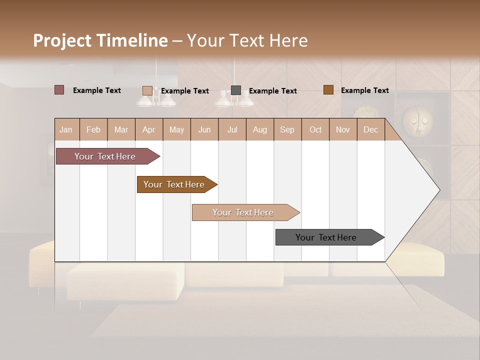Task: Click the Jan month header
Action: pos(66,129)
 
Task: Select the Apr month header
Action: pos(148,129)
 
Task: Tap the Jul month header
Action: pos(232,129)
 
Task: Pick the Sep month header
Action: pos(287,129)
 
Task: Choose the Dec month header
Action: pos(370,129)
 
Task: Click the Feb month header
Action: pos(93,129)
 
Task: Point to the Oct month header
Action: pos(315,129)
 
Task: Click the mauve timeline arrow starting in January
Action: pos(105,156)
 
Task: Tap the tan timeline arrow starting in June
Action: pos(243,212)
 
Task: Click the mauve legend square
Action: pos(59,90)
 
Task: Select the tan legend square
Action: pos(147,90)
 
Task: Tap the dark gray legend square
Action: pos(236,90)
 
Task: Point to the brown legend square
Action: pos(328,90)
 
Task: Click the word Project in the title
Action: pos(61,40)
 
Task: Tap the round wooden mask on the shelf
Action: pos(417,119)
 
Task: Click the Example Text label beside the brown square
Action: pos(364,90)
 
